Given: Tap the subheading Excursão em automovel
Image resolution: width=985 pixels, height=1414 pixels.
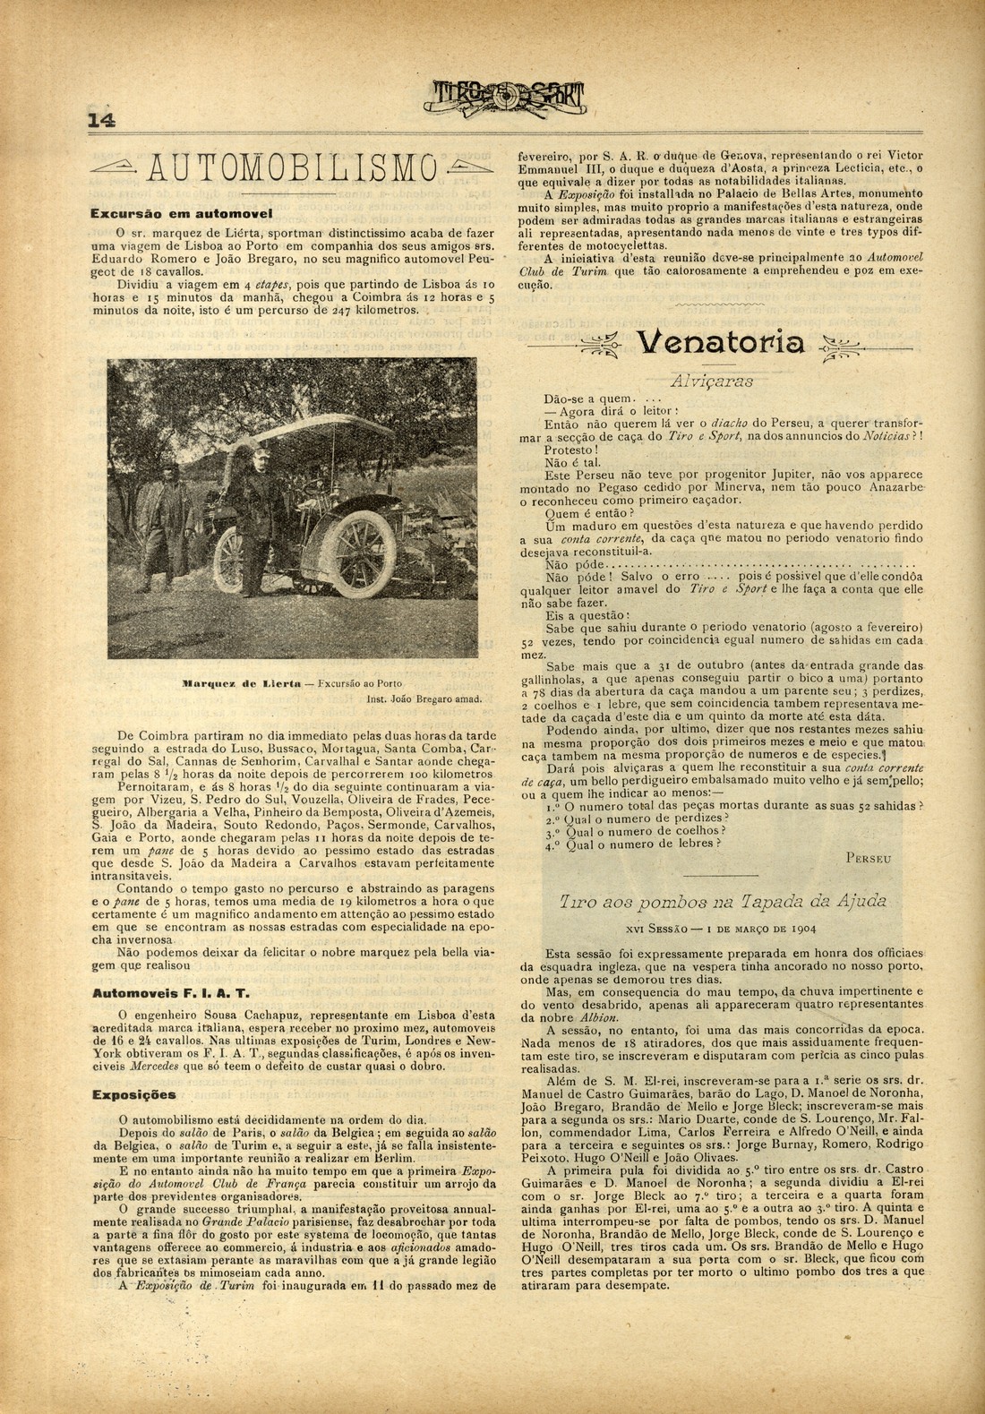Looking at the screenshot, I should pyautogui.click(x=180, y=214).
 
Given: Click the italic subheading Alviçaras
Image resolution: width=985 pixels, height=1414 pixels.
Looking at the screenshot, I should pyautogui.click(x=712, y=380).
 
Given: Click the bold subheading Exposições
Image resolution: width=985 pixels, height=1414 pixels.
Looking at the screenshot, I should pyautogui.click(x=134, y=1094).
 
